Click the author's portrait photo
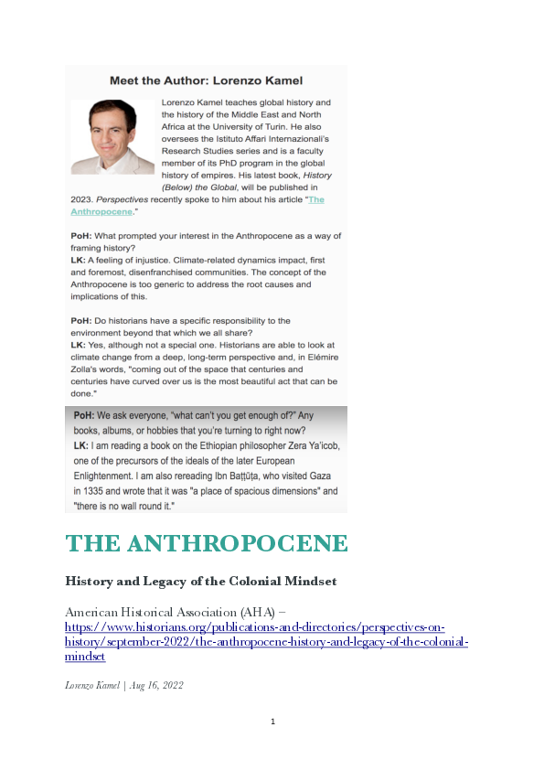point(113,135)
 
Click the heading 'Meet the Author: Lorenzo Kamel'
point(207,80)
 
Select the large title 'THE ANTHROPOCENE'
point(207,543)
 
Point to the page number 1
point(272,722)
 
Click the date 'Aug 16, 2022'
point(156,685)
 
